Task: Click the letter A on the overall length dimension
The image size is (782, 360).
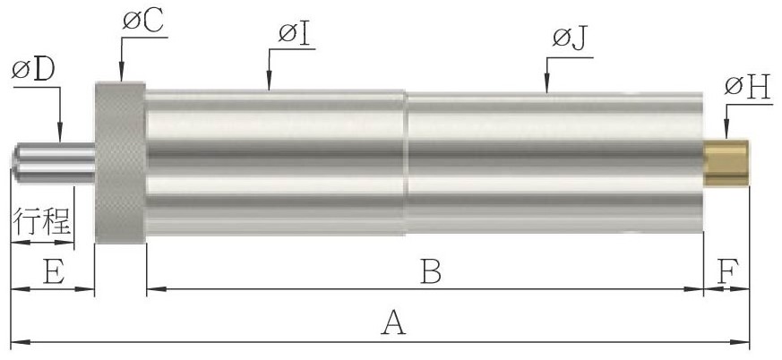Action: (x=393, y=322)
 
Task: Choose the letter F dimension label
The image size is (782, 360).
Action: (x=726, y=271)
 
